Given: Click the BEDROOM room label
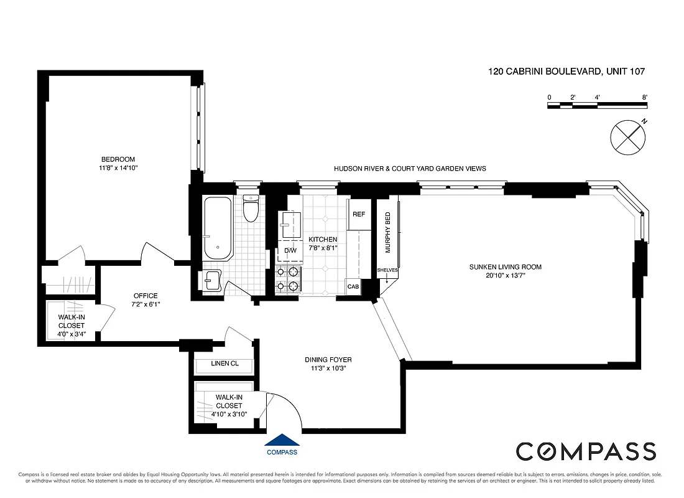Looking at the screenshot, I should (x=118, y=159).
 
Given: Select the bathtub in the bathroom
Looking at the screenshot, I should (x=217, y=228).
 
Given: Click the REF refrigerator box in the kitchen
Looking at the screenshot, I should (x=359, y=214).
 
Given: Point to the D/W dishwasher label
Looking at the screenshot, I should (x=290, y=250).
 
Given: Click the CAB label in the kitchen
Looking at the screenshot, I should (x=353, y=287).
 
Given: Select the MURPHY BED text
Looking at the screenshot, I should (x=388, y=232).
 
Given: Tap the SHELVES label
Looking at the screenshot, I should (x=387, y=270).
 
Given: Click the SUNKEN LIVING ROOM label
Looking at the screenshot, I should (x=505, y=267).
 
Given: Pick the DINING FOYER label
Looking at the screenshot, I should (x=328, y=360).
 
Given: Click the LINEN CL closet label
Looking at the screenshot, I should (x=224, y=364).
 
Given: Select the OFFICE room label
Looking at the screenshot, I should (x=146, y=296).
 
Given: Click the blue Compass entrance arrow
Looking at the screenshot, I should (x=281, y=439).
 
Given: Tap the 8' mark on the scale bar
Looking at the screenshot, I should (x=645, y=98).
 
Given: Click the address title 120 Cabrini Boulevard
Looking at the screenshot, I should (x=566, y=72).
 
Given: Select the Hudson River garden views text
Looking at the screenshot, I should (x=410, y=169).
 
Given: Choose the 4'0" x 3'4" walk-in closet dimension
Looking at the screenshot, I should (x=72, y=334).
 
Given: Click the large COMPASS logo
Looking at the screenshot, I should (x=586, y=451).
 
